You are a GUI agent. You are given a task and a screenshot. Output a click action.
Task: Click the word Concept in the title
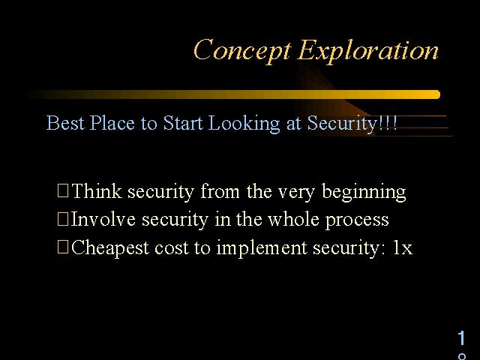pos(242,51)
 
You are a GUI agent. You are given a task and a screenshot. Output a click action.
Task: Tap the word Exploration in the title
pos(368,51)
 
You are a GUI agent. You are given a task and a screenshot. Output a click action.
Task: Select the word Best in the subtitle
pos(65,123)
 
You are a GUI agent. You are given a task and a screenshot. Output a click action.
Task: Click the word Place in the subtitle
pos(112,123)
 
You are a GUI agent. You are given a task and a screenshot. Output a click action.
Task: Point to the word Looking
pos(244,124)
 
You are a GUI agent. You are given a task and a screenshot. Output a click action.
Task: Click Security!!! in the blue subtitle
pos(352,124)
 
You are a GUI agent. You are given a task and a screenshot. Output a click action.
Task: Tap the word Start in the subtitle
pos(183,123)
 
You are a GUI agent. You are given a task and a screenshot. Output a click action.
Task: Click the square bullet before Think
pos(63,190)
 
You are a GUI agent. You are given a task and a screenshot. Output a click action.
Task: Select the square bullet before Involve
pos(63,219)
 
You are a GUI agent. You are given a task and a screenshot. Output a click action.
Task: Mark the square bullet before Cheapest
pos(63,247)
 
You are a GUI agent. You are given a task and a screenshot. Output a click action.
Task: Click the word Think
pos(97,191)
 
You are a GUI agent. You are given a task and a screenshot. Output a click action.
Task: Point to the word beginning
pos(364,192)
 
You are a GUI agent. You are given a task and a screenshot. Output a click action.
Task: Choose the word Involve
pos(103,219)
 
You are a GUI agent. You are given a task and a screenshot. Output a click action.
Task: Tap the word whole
pos(293,219)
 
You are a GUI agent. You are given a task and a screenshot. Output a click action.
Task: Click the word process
pos(357,221)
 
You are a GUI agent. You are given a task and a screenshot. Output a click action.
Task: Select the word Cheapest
pos(110,248)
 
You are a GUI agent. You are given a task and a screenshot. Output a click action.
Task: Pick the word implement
pos(262,248)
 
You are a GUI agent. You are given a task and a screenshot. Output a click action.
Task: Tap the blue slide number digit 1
pos(462,338)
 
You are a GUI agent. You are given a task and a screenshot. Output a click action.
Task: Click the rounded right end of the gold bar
pos(438,94)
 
